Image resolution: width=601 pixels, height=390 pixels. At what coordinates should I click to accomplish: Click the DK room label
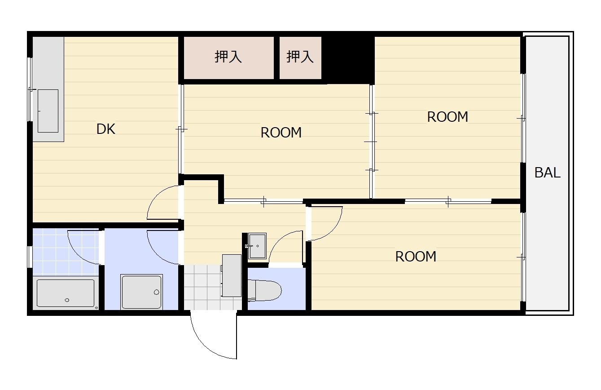[x=106, y=129]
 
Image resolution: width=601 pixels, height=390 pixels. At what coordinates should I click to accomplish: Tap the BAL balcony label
[x=547, y=173]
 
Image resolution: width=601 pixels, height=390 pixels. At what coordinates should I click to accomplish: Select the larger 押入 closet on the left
[x=228, y=58]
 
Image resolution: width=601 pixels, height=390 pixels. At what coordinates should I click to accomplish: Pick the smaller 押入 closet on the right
[x=300, y=58]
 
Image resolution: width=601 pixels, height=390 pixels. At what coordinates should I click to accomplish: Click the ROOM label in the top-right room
[x=447, y=117]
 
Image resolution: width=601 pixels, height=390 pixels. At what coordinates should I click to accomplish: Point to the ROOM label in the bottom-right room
[x=416, y=257]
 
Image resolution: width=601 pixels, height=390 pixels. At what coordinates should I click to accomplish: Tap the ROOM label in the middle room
[x=281, y=133]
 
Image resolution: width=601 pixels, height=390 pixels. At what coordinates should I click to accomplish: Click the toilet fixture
[x=264, y=290]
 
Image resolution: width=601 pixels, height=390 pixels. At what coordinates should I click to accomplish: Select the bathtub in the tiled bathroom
[x=66, y=293]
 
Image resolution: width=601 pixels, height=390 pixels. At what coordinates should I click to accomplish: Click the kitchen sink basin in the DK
[x=48, y=111]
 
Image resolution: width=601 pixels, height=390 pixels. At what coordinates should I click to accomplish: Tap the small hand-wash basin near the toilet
[x=257, y=246]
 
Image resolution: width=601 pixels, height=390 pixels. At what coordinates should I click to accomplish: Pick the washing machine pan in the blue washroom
[x=142, y=292]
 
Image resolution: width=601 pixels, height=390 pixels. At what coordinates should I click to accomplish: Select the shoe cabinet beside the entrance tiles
[x=232, y=275]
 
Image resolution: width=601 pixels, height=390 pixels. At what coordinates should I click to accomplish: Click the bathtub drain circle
[x=67, y=300]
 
